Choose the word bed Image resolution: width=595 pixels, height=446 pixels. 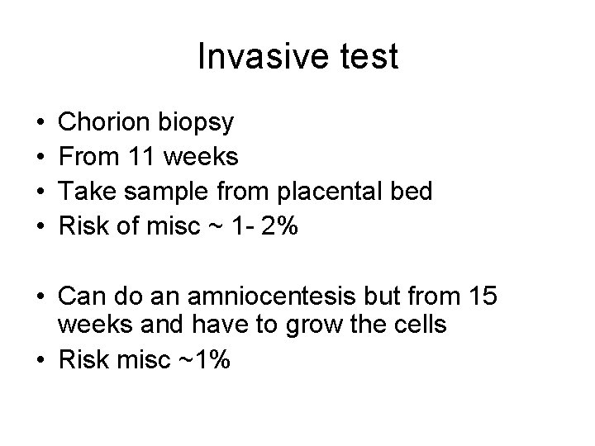412,192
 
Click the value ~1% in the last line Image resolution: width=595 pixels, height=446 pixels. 206,359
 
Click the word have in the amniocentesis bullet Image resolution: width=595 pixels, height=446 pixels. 224,325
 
